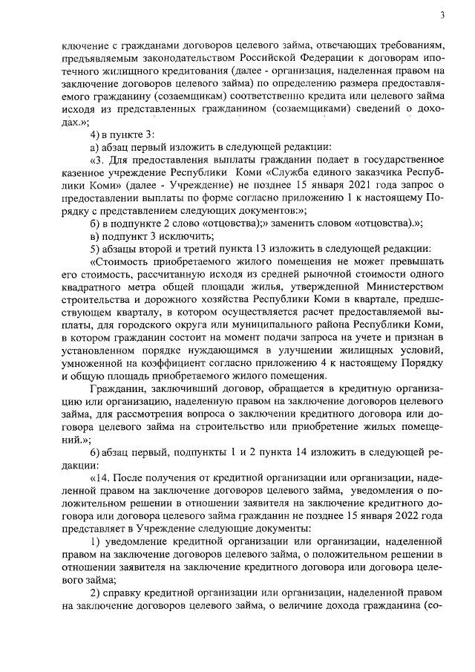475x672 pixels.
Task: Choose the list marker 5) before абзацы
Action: click(x=94, y=249)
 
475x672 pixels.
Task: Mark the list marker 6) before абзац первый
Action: click(x=94, y=452)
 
